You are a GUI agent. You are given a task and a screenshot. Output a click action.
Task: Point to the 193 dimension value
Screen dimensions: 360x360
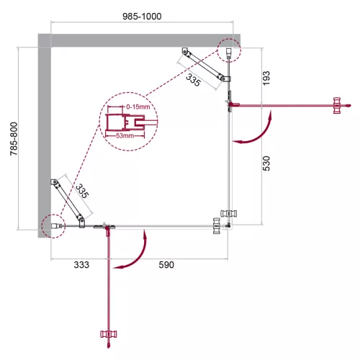tap(265, 76)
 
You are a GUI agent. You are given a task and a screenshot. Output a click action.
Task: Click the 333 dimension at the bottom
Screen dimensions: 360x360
tap(80, 265)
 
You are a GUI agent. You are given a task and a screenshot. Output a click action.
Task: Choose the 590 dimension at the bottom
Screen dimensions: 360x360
tap(166, 265)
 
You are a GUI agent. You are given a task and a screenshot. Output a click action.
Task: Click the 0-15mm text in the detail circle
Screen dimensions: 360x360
tap(137, 107)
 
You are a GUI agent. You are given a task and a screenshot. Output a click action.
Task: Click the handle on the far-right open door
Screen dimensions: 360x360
tap(337, 105)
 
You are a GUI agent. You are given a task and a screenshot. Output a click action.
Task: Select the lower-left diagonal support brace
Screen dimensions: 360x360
tap(67, 202)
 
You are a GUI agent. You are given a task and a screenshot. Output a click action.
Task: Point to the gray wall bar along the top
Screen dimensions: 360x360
tap(137, 40)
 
